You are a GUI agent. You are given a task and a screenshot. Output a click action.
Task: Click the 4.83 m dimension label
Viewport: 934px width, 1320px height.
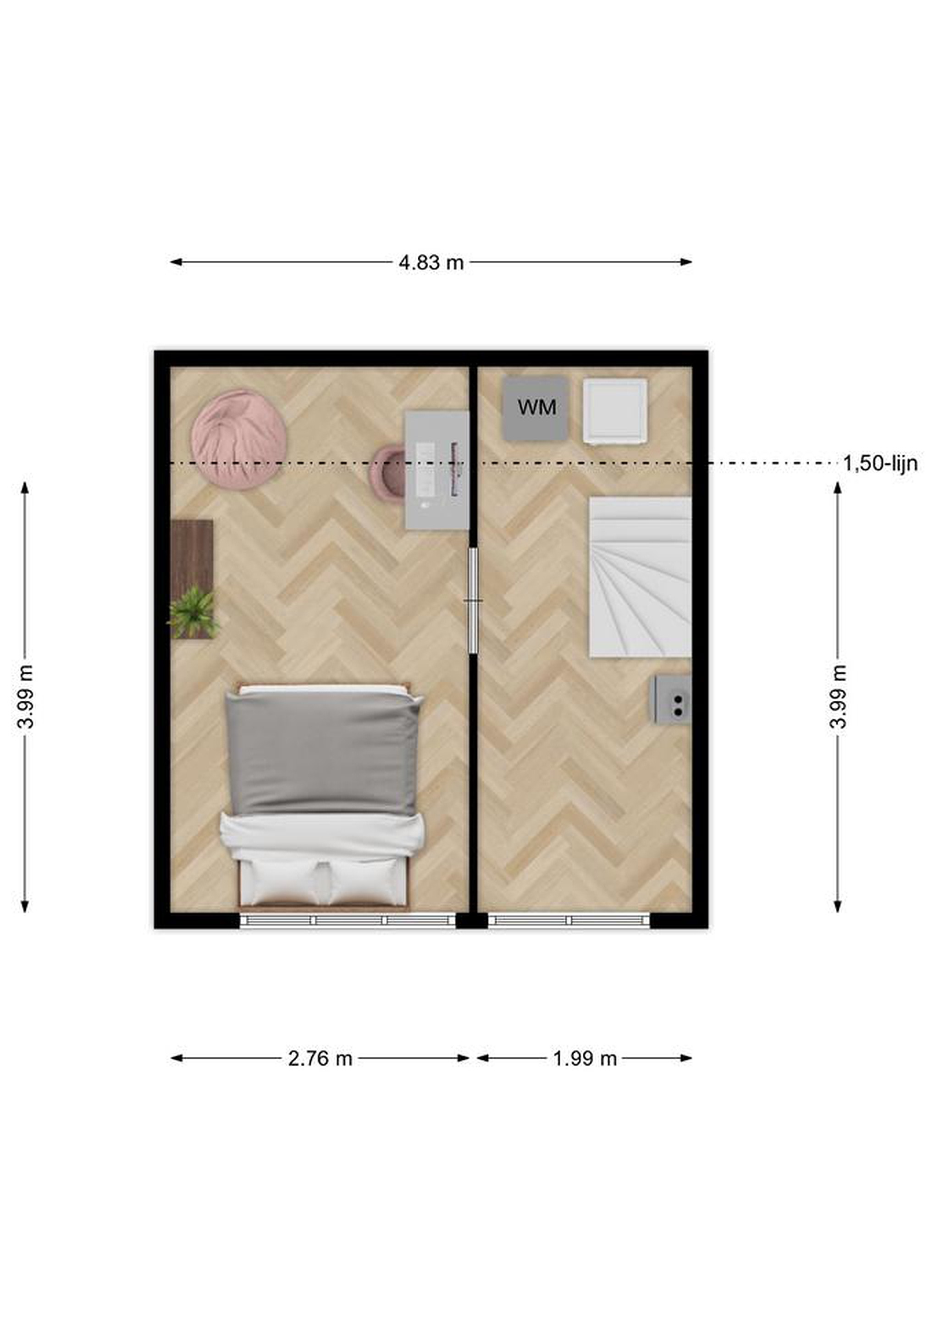coord(431,263)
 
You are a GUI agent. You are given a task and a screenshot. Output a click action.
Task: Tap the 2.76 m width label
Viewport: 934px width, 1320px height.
coord(321,1058)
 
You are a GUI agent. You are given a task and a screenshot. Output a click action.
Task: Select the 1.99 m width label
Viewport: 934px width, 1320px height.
coord(585,1058)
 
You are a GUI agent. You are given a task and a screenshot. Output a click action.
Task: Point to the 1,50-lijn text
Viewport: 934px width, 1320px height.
coord(880,463)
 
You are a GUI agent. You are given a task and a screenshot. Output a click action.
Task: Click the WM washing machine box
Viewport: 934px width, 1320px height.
coord(536,409)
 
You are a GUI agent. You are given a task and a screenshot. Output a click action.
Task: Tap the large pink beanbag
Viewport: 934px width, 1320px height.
coord(239,440)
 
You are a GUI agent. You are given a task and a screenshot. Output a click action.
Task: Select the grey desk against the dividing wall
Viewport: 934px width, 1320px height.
coord(436,470)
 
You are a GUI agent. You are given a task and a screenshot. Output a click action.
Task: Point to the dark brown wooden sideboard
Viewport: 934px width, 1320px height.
coord(192,578)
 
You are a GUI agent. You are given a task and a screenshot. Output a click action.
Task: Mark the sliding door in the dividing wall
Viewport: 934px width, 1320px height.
coord(473,601)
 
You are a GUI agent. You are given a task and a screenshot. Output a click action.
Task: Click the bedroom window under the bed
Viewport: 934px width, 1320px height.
coord(348,920)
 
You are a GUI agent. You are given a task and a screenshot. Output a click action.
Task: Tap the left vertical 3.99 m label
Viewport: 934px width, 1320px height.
coord(25,697)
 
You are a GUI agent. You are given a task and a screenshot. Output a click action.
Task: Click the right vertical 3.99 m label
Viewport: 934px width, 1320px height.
coord(839,697)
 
